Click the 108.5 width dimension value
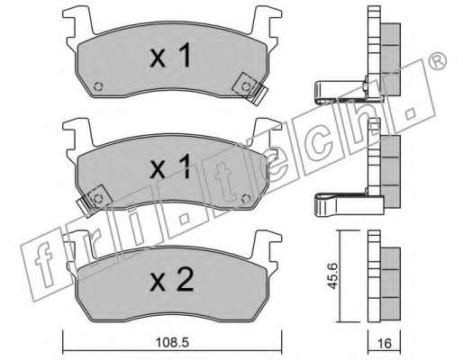click(x=172, y=342)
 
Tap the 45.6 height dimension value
click(x=332, y=276)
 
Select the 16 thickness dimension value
click(x=385, y=343)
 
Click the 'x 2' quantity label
click(x=172, y=281)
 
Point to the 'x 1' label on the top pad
click(x=170, y=56)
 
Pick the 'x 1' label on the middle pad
click(x=170, y=167)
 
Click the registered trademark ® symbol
click(x=439, y=61)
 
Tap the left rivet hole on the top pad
click(x=98, y=86)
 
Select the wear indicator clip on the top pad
click(x=250, y=88)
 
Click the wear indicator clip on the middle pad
click(x=95, y=201)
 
